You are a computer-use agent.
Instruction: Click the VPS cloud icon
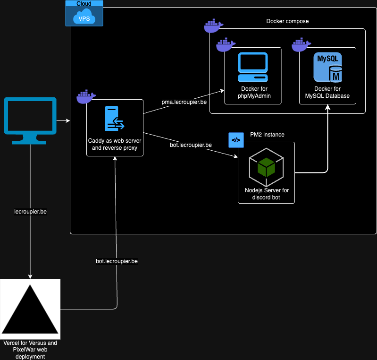(84, 16)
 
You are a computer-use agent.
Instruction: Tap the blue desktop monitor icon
(30, 120)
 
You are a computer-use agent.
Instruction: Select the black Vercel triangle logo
(30, 309)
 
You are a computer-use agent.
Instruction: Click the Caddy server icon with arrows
(115, 118)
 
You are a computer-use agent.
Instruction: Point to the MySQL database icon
(328, 67)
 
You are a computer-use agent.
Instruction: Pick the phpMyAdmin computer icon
(253, 67)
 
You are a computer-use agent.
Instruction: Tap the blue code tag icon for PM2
(236, 140)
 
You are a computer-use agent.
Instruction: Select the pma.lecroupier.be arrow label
(184, 102)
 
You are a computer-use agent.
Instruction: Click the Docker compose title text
(287, 21)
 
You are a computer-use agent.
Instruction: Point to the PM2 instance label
(267, 135)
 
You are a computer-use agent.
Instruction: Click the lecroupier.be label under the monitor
(30, 212)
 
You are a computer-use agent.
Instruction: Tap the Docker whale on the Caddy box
(86, 96)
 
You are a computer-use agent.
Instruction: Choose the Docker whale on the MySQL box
(301, 44)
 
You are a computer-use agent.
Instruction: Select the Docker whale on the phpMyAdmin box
(226, 44)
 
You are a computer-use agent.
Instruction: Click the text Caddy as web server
(115, 141)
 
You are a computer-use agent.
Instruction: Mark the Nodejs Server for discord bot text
(267, 194)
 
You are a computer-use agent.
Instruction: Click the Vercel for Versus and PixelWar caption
(30, 350)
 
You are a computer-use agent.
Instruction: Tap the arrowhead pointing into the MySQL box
(328, 107)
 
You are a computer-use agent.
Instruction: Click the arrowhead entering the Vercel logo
(30, 276)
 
